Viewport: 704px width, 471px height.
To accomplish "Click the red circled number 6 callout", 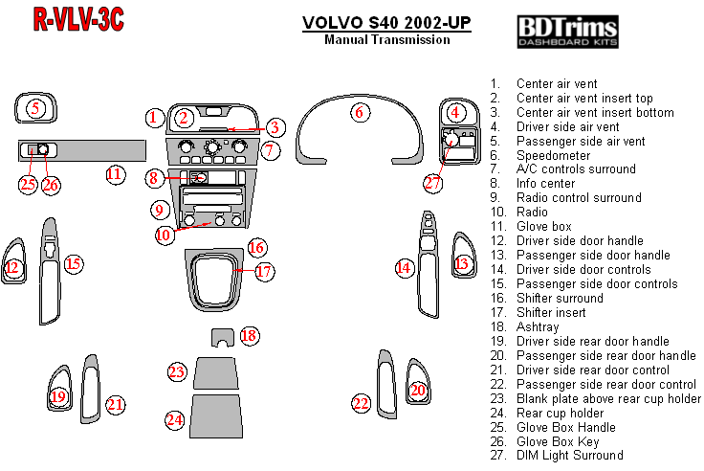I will point(360,112).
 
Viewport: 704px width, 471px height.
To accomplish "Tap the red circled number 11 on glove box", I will point(114,174).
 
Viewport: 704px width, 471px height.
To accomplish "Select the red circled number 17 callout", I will point(264,272).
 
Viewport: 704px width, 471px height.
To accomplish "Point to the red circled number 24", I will point(174,419).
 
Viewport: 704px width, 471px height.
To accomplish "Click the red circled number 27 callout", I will point(433,182).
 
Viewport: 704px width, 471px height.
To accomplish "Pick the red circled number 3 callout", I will point(275,127).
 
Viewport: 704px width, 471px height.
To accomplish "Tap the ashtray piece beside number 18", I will point(222,337).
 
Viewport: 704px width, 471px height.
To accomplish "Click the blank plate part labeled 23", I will point(216,370).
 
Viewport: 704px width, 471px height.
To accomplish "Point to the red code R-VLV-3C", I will point(78,19).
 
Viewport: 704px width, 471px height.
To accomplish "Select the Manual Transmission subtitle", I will point(386,40).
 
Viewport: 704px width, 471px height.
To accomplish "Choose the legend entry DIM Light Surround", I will point(569,456).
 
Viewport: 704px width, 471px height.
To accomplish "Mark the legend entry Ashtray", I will point(537,327).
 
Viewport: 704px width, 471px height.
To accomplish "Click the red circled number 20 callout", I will point(417,390).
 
